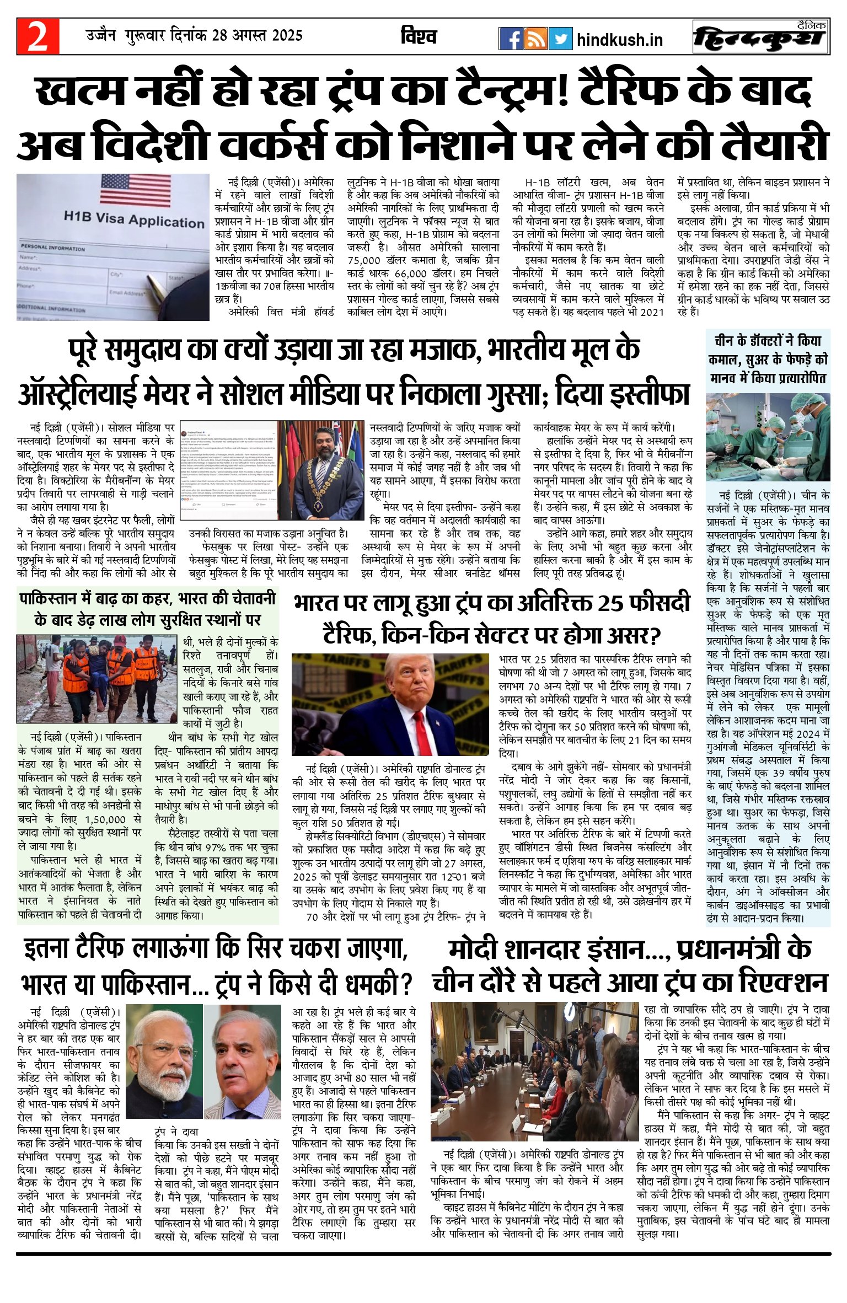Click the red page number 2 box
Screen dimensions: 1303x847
[x=37, y=36]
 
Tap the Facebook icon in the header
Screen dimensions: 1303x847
[x=511, y=39]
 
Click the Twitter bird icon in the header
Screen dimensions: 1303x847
[x=560, y=39]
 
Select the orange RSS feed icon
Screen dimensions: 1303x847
[x=535, y=39]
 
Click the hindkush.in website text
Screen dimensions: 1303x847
[x=619, y=40]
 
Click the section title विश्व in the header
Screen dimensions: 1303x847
[x=419, y=36]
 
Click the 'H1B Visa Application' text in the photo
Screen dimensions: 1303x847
[x=133, y=219]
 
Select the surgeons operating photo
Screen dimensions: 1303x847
[x=768, y=437]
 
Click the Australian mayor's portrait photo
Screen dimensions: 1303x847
[x=320, y=470]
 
